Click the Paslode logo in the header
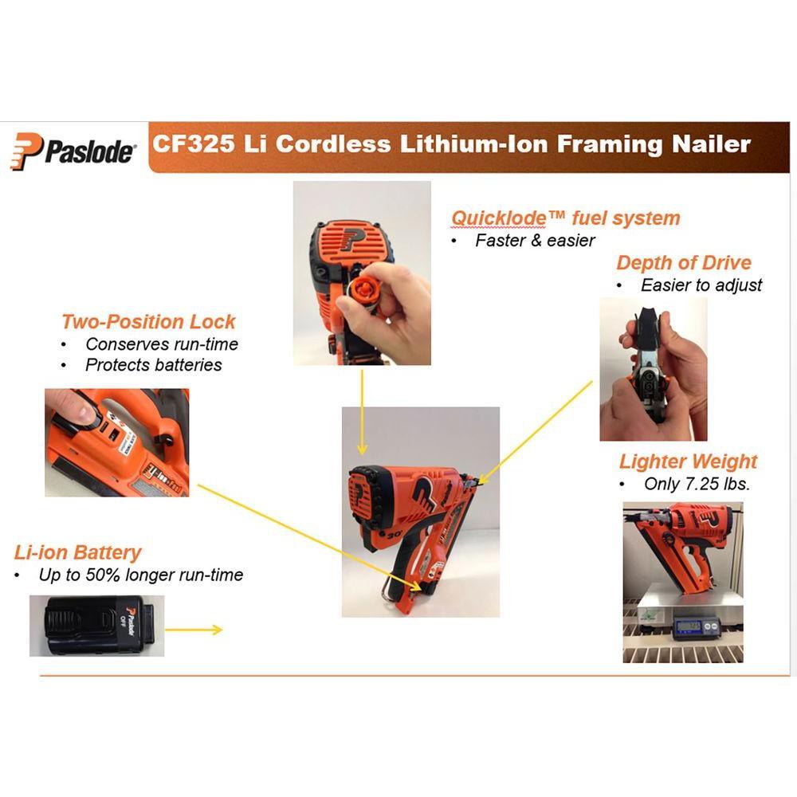point(73,151)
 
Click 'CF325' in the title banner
point(194,143)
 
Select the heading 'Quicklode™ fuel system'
point(566,218)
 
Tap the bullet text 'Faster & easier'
point(535,241)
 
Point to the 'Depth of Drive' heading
point(684,262)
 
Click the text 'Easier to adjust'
point(701,285)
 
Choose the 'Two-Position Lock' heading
point(148,322)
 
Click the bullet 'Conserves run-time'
point(162,344)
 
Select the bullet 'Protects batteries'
point(154,365)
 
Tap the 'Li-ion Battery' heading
point(78,552)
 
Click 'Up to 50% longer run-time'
point(141,575)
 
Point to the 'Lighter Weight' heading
point(689,461)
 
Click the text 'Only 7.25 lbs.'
point(697,484)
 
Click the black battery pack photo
point(96,626)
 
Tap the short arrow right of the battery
point(194,630)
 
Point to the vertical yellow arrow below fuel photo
point(362,412)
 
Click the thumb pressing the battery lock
point(77,407)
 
